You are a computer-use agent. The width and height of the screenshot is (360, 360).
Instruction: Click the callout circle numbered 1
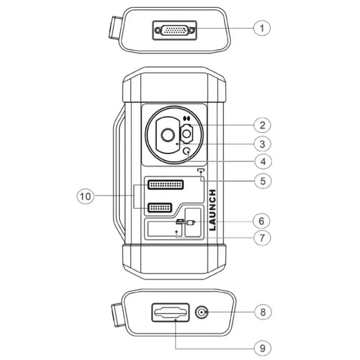(262, 28)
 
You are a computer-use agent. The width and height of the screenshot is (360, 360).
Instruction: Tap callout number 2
(262, 126)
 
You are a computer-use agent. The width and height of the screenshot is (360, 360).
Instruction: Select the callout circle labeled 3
(262, 144)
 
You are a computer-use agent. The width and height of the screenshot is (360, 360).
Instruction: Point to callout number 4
(263, 162)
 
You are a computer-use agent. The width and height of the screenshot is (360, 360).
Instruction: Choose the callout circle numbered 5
(263, 181)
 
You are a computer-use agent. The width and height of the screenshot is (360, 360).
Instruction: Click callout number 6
(261, 221)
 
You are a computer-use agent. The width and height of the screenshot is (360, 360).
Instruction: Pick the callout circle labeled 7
(262, 238)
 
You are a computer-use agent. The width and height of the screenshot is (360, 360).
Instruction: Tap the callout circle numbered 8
(263, 312)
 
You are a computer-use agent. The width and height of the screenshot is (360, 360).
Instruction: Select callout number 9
(263, 348)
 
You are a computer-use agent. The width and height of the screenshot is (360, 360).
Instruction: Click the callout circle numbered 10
(85, 196)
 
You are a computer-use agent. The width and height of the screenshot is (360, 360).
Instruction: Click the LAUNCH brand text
(213, 210)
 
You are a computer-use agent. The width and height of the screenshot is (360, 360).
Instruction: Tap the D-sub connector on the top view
(175, 30)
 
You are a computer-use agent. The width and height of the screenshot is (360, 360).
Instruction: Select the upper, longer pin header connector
(166, 184)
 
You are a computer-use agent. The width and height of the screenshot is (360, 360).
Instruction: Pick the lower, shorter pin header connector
(160, 207)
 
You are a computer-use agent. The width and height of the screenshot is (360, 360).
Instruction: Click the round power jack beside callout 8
(202, 312)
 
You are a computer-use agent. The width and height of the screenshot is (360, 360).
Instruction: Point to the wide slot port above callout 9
(171, 312)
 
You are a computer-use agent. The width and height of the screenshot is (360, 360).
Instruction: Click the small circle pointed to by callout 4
(187, 151)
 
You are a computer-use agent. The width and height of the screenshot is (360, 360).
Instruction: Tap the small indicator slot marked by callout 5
(201, 171)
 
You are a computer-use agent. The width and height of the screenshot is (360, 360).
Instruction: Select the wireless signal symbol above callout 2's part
(187, 119)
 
